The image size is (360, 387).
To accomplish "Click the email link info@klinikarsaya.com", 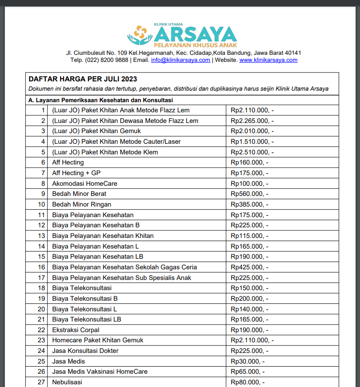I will coord(180,60).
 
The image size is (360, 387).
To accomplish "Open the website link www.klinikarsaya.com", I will coord(268,60).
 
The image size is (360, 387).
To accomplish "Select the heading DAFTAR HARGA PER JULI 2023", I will coord(83,79).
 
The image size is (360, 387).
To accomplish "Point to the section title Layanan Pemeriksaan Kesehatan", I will coord(100,100).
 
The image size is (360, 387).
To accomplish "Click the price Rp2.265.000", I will coord(252,121).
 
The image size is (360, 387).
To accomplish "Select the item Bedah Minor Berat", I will coord(79,194).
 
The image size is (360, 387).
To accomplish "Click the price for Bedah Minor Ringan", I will coord(249,204).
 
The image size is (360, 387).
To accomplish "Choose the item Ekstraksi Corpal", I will coord(76,330).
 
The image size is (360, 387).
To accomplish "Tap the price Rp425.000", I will coord(249,267).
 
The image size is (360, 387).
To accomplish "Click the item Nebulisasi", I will coord(67,382).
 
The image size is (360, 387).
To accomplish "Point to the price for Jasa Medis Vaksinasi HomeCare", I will coord(248,372).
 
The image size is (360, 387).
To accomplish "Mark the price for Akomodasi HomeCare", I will coord(249,184).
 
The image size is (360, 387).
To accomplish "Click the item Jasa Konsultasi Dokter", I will coord(85,351).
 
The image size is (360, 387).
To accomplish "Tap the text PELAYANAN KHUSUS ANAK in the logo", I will coord(195,46).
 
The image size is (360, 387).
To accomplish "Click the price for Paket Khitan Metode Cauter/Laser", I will coord(252,142).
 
